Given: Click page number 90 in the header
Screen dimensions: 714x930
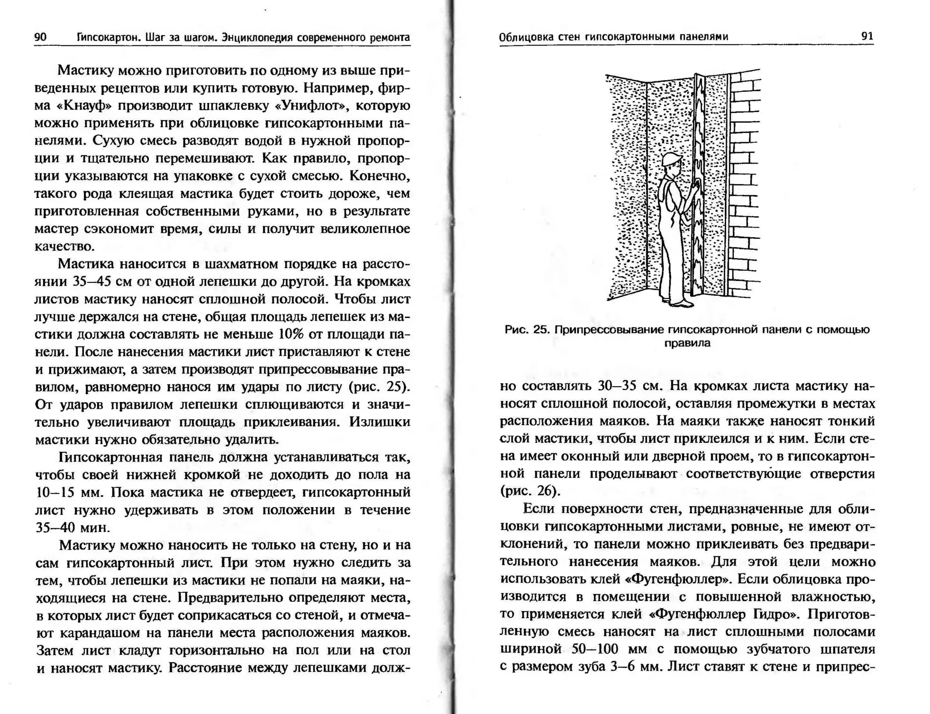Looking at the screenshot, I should (x=40, y=37).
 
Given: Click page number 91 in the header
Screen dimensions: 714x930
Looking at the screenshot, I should (x=867, y=36).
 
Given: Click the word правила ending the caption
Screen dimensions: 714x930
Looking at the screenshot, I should (x=687, y=343).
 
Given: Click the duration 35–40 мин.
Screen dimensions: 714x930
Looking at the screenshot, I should (x=73, y=528).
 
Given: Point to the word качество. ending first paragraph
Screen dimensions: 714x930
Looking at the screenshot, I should (x=64, y=247).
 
